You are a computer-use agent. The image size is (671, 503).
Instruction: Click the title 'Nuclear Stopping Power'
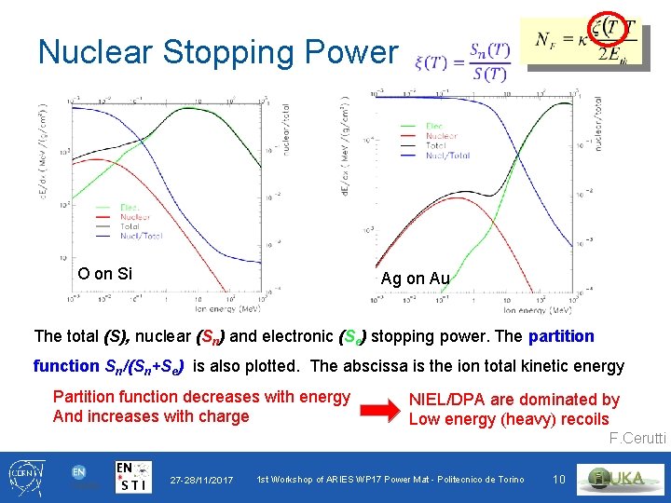(217, 52)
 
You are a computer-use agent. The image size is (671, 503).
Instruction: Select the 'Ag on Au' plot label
(415, 278)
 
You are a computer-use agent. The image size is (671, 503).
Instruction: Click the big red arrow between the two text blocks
(379, 408)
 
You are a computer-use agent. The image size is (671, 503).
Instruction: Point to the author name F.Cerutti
(637, 439)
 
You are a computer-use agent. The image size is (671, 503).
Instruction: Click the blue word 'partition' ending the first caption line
(561, 335)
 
